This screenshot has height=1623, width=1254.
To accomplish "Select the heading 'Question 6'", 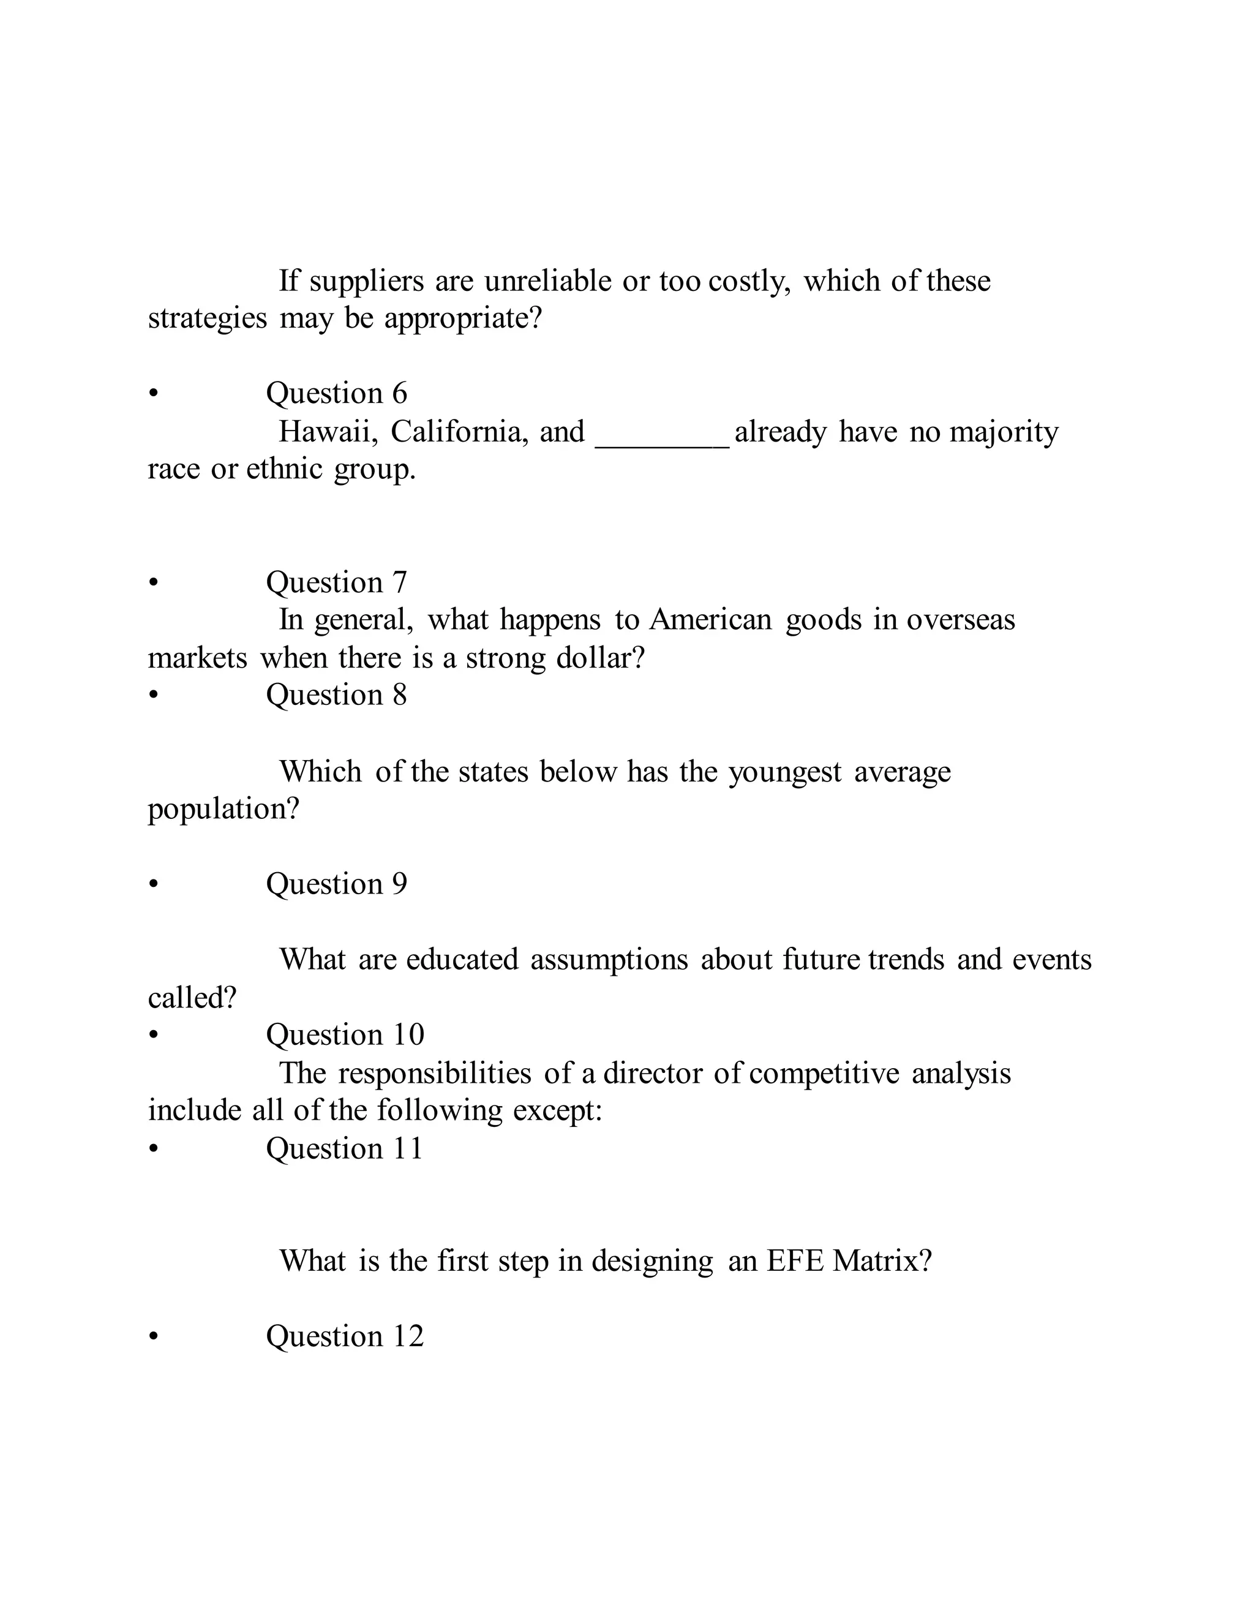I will pos(337,393).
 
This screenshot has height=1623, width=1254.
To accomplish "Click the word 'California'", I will pos(460,432).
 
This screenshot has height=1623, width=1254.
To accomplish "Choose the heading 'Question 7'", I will pos(337,582).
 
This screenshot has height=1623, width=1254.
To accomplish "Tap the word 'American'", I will pos(710,620).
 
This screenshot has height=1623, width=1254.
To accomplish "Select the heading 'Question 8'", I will pos(337,695).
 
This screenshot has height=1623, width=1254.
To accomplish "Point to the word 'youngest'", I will pos(784,773).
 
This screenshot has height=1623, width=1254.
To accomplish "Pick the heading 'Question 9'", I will pos(337,884).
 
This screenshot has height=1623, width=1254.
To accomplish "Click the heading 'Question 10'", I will pos(345,1034).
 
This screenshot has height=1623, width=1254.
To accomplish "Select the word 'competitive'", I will pos(824,1074).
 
